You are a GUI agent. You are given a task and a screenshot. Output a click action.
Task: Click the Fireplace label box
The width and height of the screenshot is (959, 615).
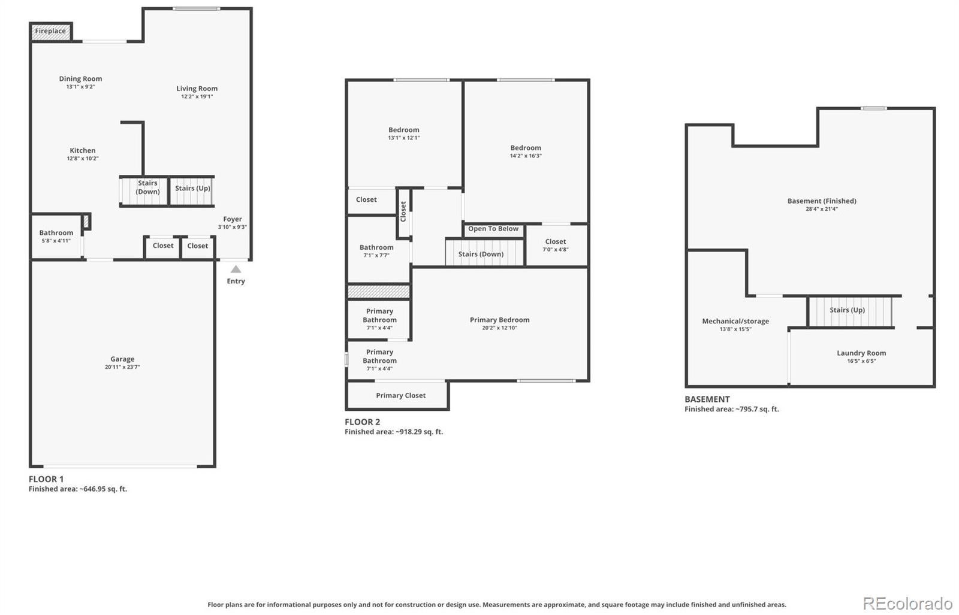[x=51, y=32]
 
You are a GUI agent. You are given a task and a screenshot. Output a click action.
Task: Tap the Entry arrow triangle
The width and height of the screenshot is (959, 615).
[x=236, y=269]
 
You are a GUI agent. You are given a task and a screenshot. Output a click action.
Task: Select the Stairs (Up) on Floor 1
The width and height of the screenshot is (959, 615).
[x=192, y=191]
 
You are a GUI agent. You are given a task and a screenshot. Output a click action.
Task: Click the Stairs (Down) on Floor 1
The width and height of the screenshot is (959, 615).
[x=144, y=191]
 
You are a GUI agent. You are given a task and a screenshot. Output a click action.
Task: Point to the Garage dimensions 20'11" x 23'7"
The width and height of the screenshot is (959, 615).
[x=122, y=367]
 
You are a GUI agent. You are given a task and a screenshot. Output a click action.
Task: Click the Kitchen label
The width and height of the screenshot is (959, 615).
[x=83, y=150]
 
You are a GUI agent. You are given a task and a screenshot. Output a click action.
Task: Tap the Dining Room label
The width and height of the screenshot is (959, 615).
[x=80, y=78]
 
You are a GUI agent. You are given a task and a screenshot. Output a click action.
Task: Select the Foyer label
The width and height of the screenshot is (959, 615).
[x=233, y=219]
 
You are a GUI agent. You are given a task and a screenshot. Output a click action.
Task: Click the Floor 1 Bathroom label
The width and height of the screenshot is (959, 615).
[x=56, y=233]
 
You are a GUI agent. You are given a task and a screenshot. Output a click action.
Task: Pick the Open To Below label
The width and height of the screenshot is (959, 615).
[x=493, y=229]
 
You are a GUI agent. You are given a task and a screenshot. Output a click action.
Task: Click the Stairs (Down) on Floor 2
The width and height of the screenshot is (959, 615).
[x=485, y=253]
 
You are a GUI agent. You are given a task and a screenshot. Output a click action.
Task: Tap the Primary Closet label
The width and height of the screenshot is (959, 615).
[x=401, y=396]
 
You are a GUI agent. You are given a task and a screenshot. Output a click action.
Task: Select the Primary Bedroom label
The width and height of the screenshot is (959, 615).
[x=500, y=320]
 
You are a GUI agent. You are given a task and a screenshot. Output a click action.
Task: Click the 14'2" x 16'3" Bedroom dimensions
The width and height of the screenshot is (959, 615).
[x=526, y=156]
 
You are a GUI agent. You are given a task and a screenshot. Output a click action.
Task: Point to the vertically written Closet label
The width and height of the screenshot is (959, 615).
[x=403, y=212]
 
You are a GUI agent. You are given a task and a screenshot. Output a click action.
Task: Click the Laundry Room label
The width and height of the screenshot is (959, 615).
[x=861, y=353]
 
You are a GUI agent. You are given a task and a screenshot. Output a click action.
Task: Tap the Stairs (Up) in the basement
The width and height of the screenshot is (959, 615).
[x=851, y=311]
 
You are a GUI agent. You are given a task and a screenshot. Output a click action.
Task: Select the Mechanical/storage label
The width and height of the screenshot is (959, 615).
[x=735, y=321]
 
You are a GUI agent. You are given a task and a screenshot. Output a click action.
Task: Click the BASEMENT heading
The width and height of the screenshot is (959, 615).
[x=707, y=399]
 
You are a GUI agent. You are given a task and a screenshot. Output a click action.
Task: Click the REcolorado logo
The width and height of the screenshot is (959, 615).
[x=907, y=604]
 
